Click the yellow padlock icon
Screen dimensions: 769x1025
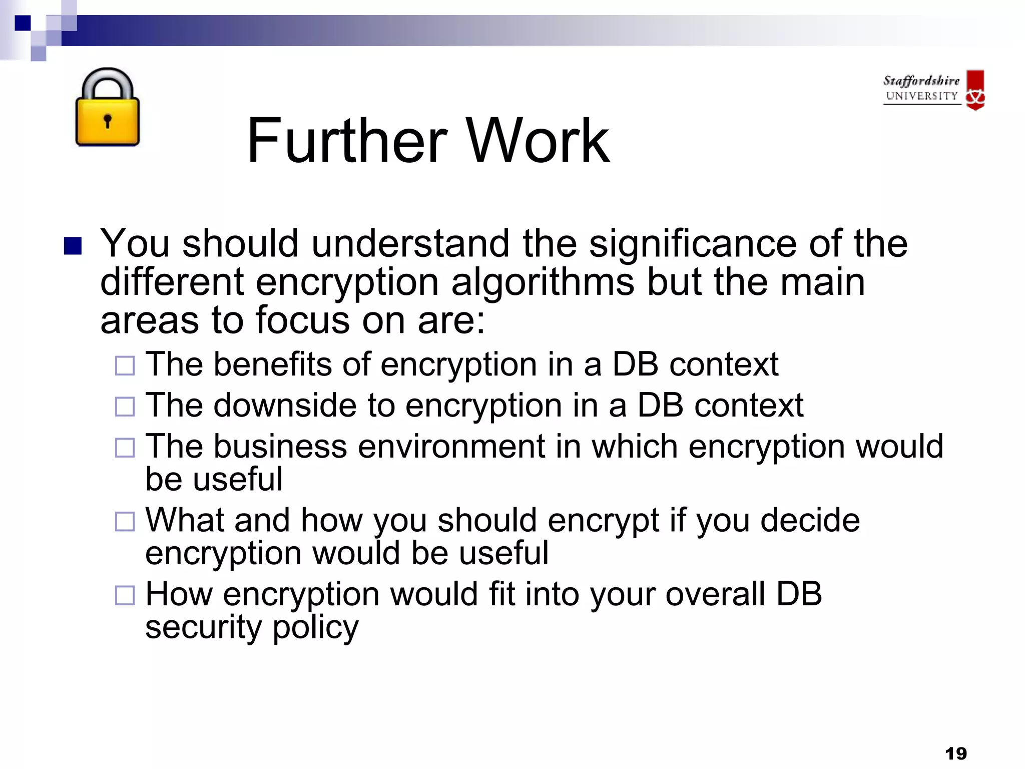coord(107,108)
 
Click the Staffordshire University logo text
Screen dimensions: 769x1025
coord(921,88)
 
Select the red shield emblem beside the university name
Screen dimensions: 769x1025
coord(975,90)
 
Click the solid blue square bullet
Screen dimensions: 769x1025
coord(73,246)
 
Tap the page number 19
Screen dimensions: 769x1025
coord(956,753)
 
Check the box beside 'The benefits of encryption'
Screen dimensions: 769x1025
coord(125,365)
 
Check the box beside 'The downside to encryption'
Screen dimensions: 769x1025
coord(125,407)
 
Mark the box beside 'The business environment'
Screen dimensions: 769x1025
coord(125,448)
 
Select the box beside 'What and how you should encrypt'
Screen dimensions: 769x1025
coord(125,522)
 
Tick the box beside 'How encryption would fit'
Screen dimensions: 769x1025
coord(125,595)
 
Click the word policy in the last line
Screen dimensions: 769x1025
coord(316,628)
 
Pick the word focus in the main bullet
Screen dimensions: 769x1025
coord(303,320)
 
